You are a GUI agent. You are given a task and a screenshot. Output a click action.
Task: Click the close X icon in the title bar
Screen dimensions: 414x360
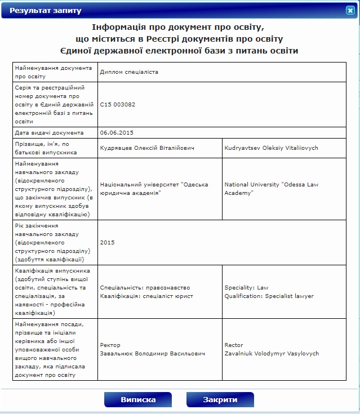tap(350, 10)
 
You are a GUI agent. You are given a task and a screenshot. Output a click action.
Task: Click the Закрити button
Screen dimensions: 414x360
tap(220, 399)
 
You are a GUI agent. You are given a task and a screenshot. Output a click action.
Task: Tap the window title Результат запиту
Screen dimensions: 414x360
tap(46, 11)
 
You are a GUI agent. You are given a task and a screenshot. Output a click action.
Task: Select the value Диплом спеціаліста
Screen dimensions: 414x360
tap(129, 72)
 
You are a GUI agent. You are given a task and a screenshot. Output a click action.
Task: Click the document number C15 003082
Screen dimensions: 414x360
tap(118, 104)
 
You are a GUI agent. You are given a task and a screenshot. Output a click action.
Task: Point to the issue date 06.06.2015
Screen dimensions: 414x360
tap(117, 132)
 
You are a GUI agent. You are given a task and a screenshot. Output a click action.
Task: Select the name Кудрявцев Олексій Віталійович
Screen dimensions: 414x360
tap(147, 148)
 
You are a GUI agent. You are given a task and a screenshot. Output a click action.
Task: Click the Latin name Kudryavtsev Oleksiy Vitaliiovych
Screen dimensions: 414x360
tap(272, 148)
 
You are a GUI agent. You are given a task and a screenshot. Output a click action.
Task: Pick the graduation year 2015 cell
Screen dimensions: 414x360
tap(107, 242)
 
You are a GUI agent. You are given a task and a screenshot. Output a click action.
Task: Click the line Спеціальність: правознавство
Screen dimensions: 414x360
tap(145, 287)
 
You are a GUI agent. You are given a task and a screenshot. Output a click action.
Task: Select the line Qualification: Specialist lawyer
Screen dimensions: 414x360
tap(269, 296)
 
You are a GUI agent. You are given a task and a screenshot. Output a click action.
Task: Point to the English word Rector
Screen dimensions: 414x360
tap(234, 345)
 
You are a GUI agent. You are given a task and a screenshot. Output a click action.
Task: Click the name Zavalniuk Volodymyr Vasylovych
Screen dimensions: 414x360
tap(272, 354)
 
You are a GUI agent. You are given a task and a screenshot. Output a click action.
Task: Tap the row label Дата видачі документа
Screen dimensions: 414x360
tap(50, 132)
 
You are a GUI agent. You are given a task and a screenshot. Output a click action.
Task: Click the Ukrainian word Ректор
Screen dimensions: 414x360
tap(110, 345)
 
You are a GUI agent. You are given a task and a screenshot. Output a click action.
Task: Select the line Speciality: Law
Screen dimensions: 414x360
tap(247, 287)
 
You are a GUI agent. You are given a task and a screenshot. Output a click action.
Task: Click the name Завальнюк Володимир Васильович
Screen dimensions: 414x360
tap(152, 354)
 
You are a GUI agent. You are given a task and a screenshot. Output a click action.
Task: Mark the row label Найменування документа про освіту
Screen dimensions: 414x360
tap(53, 72)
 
